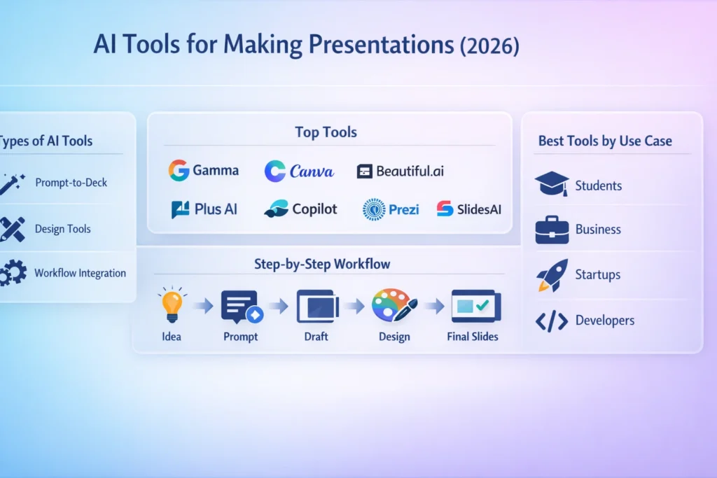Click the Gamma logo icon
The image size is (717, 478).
pos(179,171)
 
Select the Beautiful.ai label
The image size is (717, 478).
pos(410,171)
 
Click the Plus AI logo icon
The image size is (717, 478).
pos(181,209)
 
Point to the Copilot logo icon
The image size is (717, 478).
pos(275,209)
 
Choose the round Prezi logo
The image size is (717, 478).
pos(374,209)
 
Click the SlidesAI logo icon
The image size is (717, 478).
pos(444,209)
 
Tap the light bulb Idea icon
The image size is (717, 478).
pos(172,304)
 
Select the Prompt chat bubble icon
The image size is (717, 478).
pos(240,306)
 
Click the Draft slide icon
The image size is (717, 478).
pos(317,306)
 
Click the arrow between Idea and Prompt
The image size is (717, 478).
pos(204,306)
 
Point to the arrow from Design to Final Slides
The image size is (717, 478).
pos(435,306)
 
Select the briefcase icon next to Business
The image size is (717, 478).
pos(552,230)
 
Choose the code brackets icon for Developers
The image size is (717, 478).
pos(551,321)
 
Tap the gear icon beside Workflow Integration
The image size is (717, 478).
pos(12,272)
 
